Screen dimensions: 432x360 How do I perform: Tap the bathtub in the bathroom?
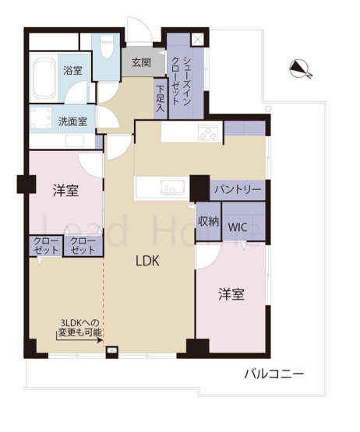48,76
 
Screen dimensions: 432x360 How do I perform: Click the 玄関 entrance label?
141,62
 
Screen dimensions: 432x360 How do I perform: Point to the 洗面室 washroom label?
72,121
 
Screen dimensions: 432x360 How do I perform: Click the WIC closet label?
238,228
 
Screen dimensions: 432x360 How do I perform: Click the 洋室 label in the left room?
66,191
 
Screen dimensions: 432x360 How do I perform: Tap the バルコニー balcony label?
273,373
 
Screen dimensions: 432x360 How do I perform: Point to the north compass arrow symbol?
299,71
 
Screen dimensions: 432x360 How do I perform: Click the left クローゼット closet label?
45,246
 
